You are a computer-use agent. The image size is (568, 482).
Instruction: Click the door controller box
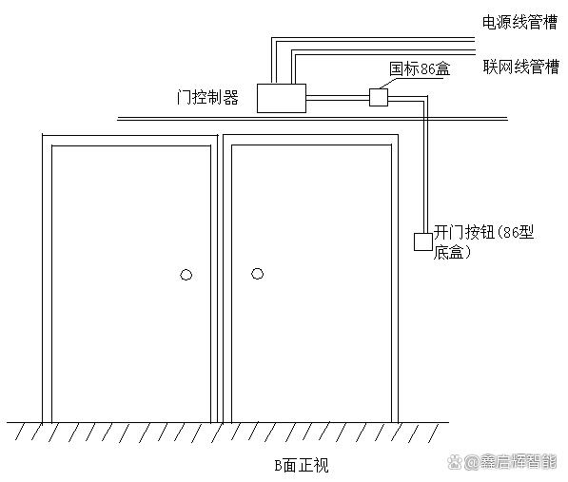[x=282, y=98]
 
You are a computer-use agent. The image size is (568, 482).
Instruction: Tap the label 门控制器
[x=207, y=97]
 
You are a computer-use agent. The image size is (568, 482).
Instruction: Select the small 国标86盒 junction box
[x=379, y=97]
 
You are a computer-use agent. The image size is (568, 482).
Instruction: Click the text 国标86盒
[x=420, y=68]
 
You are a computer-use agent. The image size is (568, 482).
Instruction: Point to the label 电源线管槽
[x=519, y=23]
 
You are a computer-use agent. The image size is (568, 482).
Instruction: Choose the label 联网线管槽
[x=521, y=67]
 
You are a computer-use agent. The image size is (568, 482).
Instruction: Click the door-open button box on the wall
[x=423, y=241]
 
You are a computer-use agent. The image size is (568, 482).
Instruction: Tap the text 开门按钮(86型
[x=484, y=232]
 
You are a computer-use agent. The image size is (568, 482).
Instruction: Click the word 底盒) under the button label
[x=453, y=252]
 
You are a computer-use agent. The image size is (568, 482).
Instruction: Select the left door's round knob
[x=186, y=275]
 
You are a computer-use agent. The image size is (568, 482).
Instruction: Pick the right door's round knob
[x=258, y=274]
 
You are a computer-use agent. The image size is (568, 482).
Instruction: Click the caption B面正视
[x=302, y=465]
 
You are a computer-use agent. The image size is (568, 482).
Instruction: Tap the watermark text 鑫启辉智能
[x=518, y=462]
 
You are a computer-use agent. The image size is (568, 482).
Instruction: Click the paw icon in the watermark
[x=454, y=461]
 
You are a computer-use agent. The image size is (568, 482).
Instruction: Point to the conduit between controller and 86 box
[x=338, y=97]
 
